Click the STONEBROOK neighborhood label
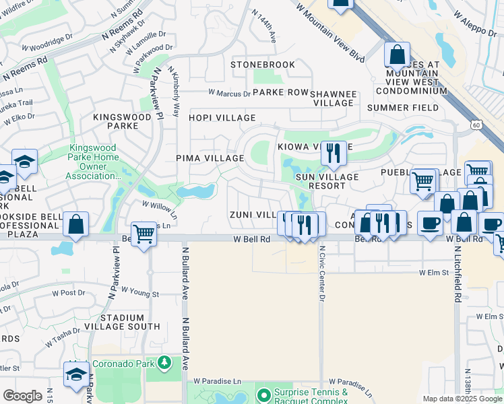263,65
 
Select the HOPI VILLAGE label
222,118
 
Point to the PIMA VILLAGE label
210,158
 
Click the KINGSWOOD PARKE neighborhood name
122,121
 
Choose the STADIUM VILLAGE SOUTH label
130,322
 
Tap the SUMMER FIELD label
403,108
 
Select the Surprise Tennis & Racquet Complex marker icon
264,394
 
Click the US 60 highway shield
476,125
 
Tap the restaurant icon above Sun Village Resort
334,154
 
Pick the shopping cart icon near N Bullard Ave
144,234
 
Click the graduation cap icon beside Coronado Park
76,374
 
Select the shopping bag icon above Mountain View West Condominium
398,54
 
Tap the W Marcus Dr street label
229,93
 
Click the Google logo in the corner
22,396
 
